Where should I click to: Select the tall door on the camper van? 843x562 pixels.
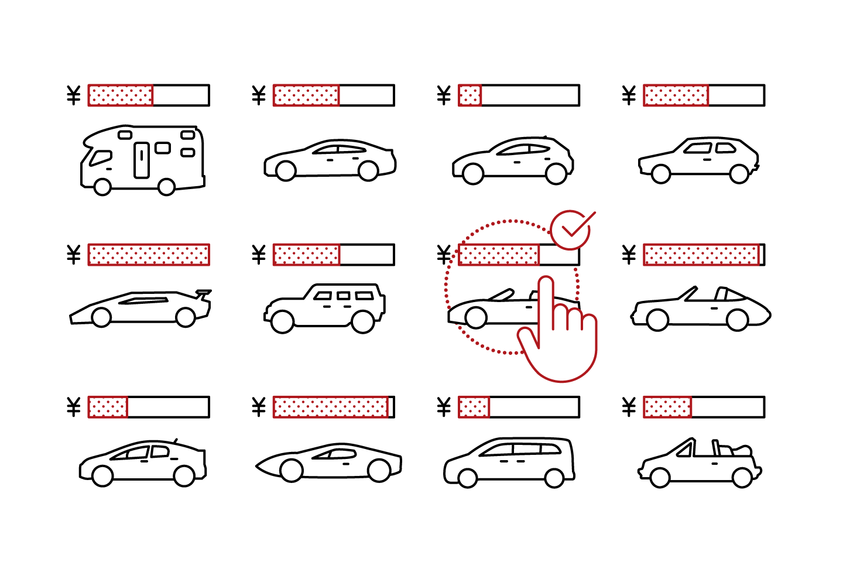(x=142, y=160)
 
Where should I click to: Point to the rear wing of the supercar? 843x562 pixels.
(x=203, y=292)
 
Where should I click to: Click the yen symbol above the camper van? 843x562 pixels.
(x=73, y=95)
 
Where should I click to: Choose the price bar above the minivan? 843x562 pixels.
(x=519, y=407)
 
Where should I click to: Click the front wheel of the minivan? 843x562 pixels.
(x=467, y=478)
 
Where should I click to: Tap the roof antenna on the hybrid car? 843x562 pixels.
(x=175, y=441)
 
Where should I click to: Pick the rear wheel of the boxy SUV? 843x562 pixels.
(x=362, y=322)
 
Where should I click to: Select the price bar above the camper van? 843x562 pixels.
(x=149, y=95)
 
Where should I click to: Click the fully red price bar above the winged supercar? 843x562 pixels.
(x=149, y=255)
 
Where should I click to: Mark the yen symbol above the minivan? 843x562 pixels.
(x=444, y=407)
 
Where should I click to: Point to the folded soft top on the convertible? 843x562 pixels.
(x=739, y=451)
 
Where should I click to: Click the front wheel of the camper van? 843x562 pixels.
(x=102, y=187)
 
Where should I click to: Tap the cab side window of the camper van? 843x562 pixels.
(x=101, y=158)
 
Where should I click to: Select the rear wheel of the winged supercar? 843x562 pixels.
(x=186, y=318)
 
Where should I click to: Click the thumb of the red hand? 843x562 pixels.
(x=527, y=340)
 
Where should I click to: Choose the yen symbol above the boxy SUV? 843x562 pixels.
(x=259, y=255)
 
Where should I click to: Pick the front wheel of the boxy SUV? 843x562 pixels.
(x=282, y=322)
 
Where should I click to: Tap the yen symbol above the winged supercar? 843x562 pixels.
(x=73, y=255)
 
